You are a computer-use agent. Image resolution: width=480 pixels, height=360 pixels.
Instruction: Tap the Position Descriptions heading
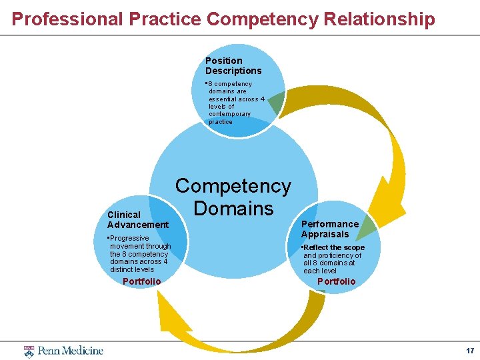pyautogui.click(x=233, y=65)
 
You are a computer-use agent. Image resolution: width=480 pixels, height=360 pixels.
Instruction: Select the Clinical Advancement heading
pyautogui.click(x=137, y=219)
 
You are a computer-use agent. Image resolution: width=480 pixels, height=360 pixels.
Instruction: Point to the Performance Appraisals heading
pyautogui.click(x=329, y=229)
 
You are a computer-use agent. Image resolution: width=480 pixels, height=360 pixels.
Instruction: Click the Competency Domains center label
pyautogui.click(x=233, y=197)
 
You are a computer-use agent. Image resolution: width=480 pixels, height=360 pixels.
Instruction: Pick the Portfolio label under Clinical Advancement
pyautogui.click(x=141, y=281)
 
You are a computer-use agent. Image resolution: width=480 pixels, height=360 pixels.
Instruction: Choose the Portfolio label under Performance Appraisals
pyautogui.click(x=336, y=281)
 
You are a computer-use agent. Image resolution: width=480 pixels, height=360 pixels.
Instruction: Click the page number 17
pyautogui.click(x=469, y=351)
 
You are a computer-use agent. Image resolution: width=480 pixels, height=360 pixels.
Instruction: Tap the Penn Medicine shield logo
pyautogui.click(x=29, y=351)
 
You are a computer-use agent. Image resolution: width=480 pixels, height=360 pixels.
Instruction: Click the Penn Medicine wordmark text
pyautogui.click(x=70, y=351)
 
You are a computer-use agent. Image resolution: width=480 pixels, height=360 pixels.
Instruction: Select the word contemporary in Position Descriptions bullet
pyautogui.click(x=229, y=114)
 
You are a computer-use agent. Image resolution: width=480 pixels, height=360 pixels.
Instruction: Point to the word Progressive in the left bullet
pyautogui.click(x=129, y=238)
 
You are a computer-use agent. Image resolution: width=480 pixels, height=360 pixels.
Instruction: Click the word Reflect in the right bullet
pyautogui.click(x=318, y=247)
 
